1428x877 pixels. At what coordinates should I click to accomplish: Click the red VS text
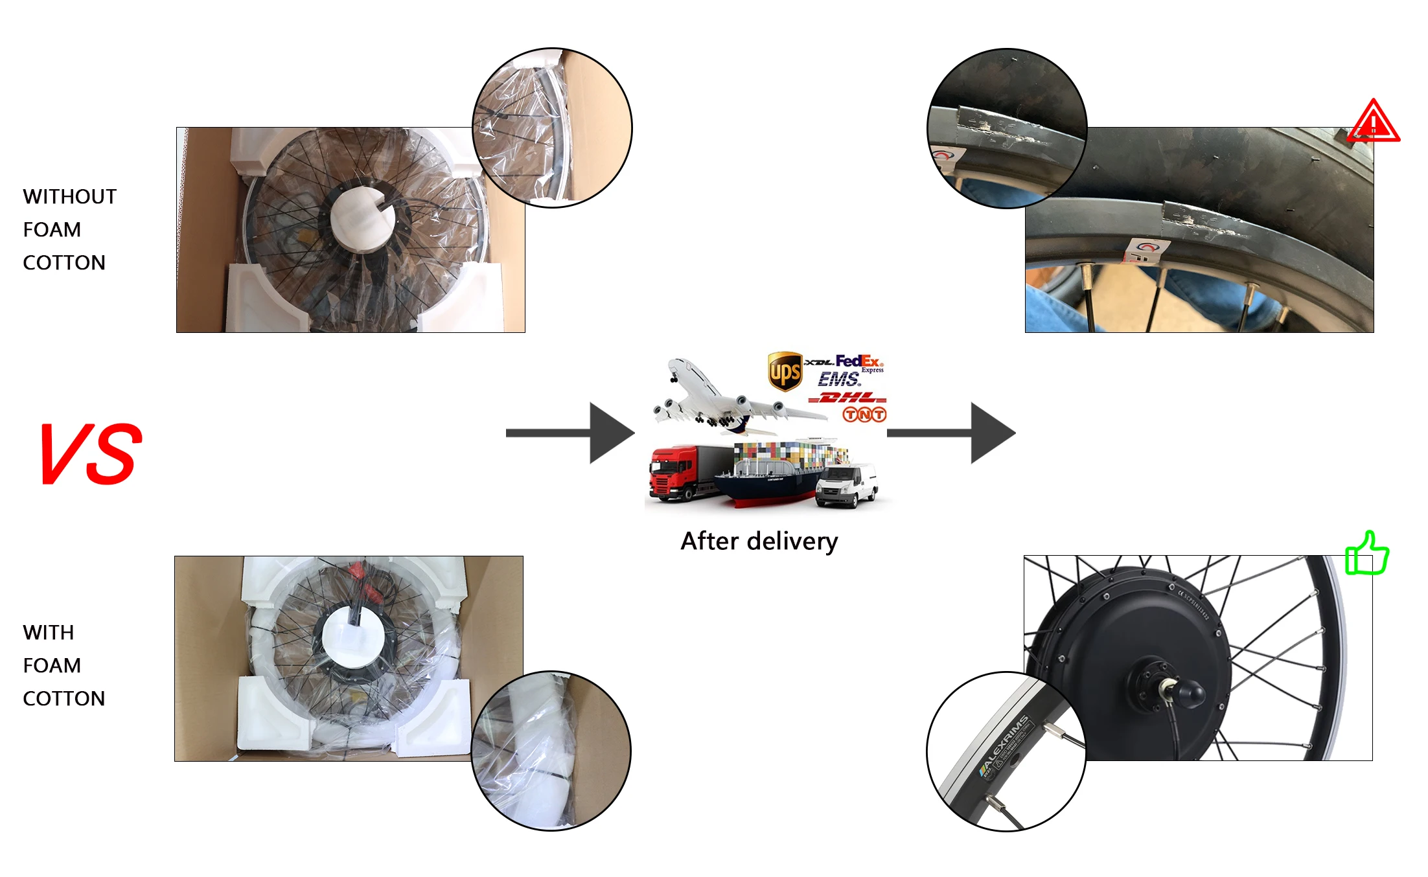click(91, 453)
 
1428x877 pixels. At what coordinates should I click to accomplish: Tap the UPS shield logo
click(785, 371)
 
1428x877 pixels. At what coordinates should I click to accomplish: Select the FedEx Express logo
click(859, 362)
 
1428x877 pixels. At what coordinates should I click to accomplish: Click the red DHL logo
click(847, 397)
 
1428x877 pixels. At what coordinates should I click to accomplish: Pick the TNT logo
click(864, 414)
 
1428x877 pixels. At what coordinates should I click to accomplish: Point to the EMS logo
click(839, 379)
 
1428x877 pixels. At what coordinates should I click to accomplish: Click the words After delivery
click(759, 541)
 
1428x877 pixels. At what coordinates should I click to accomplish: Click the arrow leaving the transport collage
click(950, 433)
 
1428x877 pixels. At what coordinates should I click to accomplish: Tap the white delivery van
click(846, 486)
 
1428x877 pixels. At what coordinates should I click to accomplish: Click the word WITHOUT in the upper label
click(69, 196)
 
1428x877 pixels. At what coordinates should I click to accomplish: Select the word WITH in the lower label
click(48, 632)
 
